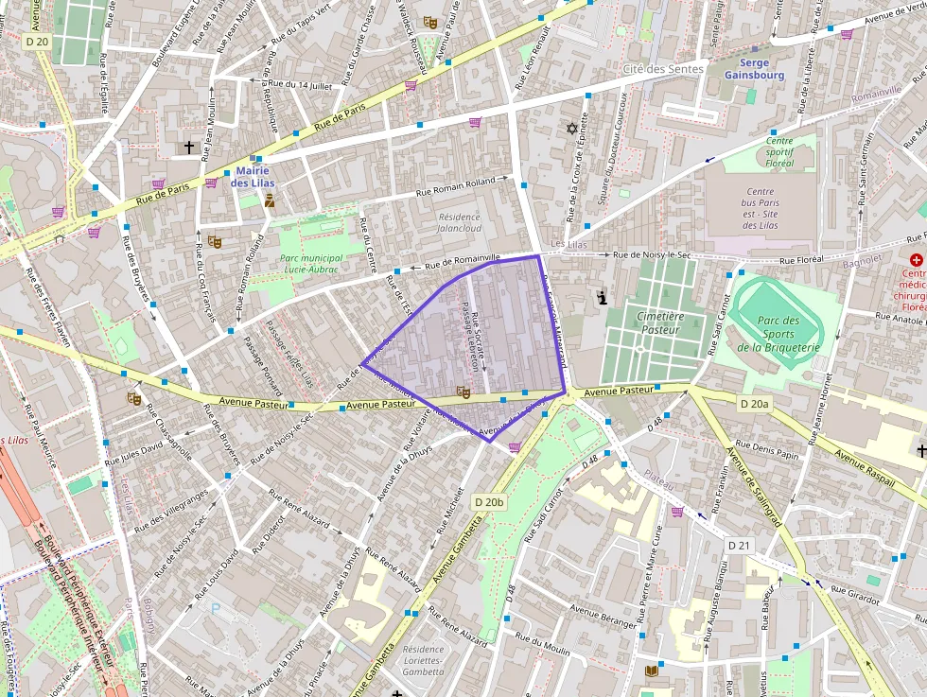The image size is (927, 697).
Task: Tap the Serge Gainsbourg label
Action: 754,68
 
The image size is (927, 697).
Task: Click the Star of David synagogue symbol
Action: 570,128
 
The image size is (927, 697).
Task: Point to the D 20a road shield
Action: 754,404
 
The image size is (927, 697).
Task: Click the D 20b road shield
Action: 490,501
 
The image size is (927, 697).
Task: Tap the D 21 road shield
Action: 739,546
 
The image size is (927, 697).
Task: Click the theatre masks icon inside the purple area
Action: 463,392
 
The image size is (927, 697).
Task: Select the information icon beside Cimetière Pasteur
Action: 601,299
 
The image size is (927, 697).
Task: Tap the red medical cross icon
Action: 916,260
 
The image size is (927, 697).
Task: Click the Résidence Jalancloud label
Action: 459,222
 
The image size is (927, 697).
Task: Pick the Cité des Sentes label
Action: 663,69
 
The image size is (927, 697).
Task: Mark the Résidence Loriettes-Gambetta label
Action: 423,660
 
